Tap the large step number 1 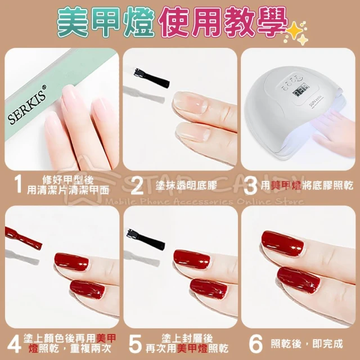(x=18, y=184)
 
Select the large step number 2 (x=137, y=186)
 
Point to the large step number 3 (x=250, y=186)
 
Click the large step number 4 (x=14, y=344)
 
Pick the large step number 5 (x=135, y=344)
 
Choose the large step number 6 (x=255, y=344)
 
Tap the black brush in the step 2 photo (x=152, y=78)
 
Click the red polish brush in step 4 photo (x=24, y=238)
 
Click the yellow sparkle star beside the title (x=296, y=33)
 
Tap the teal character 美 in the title (x=73, y=22)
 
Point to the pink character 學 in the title (x=271, y=22)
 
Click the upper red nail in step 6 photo (x=282, y=244)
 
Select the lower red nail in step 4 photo (x=87, y=289)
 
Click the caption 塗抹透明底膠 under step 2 (x=186, y=186)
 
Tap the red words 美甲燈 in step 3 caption (x=286, y=186)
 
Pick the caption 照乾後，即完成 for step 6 (x=307, y=344)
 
